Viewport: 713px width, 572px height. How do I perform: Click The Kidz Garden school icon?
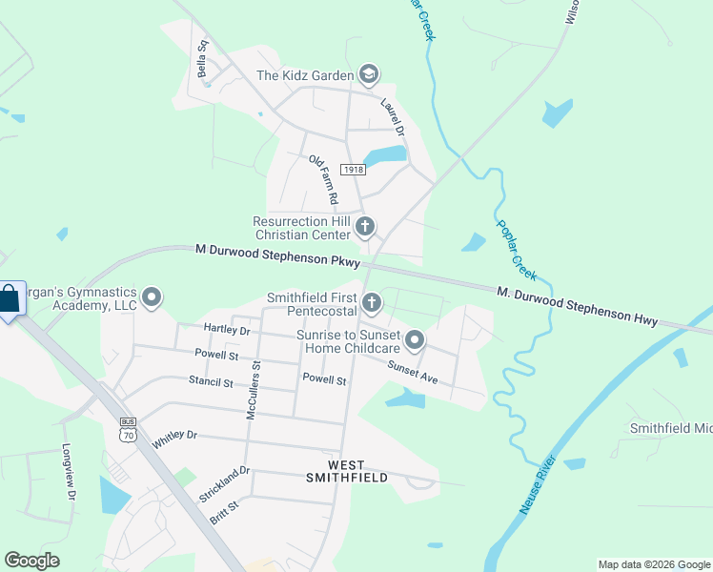(x=369, y=74)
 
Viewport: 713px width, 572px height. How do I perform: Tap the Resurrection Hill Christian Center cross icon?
(x=365, y=227)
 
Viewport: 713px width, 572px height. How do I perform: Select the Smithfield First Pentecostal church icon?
(x=372, y=303)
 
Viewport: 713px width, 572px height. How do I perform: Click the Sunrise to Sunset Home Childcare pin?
(x=415, y=339)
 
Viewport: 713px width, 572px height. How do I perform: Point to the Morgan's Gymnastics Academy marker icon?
(x=152, y=298)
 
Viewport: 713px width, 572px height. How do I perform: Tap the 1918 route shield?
(x=353, y=169)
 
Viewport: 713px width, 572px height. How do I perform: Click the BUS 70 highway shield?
(x=128, y=429)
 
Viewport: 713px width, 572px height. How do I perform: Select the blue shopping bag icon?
(x=9, y=299)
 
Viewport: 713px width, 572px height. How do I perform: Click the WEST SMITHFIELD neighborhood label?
(x=345, y=470)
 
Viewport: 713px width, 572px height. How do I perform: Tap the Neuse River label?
(x=539, y=484)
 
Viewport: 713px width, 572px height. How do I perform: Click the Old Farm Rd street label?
(x=323, y=180)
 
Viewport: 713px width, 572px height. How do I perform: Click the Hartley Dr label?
(x=226, y=330)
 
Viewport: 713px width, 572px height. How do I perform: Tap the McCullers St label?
(x=253, y=388)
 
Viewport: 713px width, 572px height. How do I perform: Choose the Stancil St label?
(x=211, y=382)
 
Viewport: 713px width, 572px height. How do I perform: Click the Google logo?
(x=31, y=561)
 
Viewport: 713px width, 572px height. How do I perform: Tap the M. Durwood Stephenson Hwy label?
(x=577, y=305)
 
